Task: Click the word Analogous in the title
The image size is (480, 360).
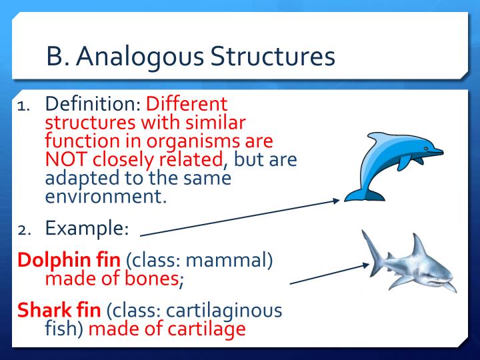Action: point(137,57)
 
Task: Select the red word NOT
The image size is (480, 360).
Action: point(67,159)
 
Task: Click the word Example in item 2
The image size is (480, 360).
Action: point(85,228)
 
